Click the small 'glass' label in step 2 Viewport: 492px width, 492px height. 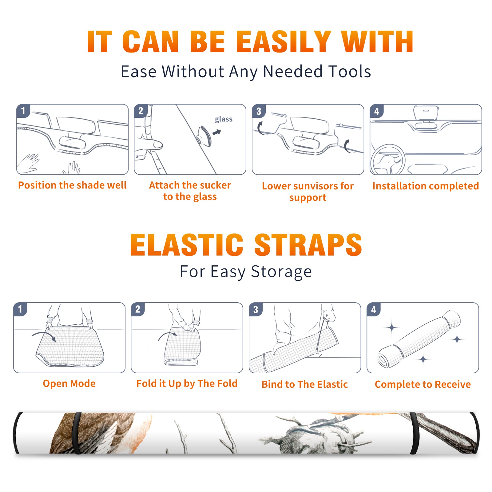tap(224, 119)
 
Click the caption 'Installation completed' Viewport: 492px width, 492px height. tap(426, 186)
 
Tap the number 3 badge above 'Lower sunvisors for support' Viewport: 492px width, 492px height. tap(259, 111)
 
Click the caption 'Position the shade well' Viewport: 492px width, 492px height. tap(72, 185)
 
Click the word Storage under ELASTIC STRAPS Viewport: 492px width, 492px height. tap(281, 272)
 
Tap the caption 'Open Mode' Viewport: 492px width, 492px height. tap(69, 383)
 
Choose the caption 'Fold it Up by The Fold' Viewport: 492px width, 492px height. tap(187, 383)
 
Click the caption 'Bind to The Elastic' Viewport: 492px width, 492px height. tap(305, 384)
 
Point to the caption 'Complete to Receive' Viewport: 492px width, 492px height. tap(423, 384)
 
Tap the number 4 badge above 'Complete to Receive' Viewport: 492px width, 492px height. tap(374, 309)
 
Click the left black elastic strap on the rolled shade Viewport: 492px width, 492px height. tap(77, 433)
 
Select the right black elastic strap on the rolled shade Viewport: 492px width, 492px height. tap(414, 433)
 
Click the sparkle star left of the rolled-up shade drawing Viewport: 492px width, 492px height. tap(392, 328)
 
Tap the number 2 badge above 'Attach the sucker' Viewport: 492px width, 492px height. tap(141, 111)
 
